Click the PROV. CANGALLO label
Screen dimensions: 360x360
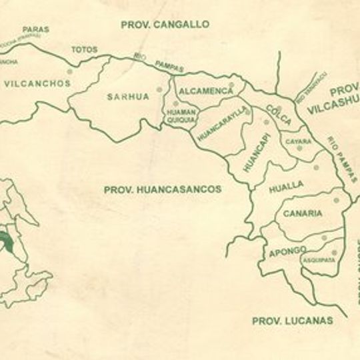tap(165, 25)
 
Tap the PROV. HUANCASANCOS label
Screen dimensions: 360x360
tap(162, 189)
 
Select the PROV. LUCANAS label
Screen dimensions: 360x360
tap(292, 321)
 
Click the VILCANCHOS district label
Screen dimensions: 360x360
tap(37, 84)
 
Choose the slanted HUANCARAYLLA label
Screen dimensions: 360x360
tap(219, 122)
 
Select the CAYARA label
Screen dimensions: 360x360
tap(298, 141)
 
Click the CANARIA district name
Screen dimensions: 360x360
tap(303, 214)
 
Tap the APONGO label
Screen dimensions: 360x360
tap(287, 251)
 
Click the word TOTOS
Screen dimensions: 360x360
tap(85, 49)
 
